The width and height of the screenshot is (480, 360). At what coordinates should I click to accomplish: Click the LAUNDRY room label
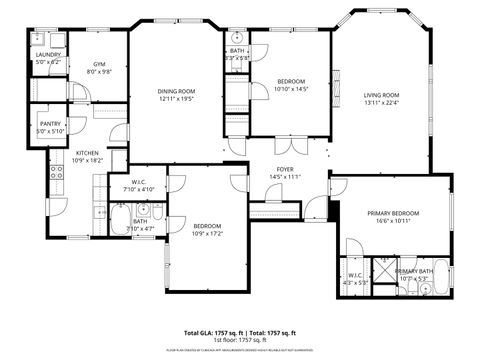(x=48, y=56)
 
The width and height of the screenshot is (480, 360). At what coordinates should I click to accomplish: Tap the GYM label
(x=100, y=64)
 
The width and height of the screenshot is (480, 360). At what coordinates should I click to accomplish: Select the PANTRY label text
(x=49, y=124)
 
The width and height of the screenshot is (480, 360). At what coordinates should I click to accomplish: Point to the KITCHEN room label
(x=87, y=153)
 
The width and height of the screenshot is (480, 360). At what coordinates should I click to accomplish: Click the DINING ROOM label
(x=176, y=93)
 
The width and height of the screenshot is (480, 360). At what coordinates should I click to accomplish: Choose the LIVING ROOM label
(x=381, y=95)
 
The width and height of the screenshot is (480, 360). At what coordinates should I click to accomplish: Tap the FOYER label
(x=285, y=170)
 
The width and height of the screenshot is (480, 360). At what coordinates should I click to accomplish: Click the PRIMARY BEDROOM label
(x=392, y=213)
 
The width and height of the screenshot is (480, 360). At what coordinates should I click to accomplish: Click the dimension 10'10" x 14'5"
(x=291, y=89)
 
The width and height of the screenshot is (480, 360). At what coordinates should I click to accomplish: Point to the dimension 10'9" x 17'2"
(x=208, y=234)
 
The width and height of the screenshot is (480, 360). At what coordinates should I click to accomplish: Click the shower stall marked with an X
(x=382, y=268)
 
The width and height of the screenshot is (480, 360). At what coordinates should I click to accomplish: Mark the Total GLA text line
(x=239, y=332)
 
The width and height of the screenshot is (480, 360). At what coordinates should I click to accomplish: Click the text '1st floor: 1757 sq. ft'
(x=239, y=340)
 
